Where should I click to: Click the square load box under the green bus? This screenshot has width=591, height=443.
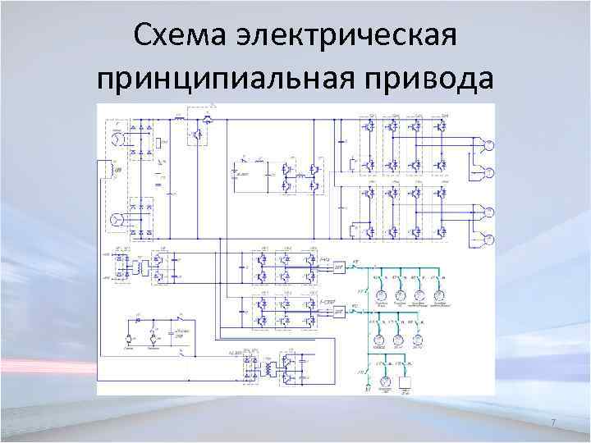[404, 382]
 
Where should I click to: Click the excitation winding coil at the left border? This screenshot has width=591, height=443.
[105, 170]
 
